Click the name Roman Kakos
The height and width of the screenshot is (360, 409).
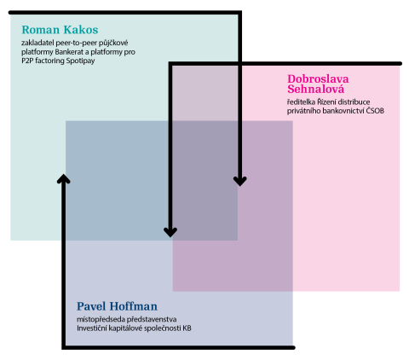(60, 30)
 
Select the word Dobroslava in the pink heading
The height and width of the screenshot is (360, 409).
(318, 78)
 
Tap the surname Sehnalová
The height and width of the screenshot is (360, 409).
(315, 89)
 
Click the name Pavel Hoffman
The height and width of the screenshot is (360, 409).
(117, 306)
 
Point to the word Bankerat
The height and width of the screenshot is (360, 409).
(67, 52)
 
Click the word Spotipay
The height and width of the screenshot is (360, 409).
(80, 61)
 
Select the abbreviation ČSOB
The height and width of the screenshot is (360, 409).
(375, 111)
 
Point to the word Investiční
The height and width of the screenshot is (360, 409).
(90, 328)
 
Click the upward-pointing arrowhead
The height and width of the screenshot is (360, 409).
(64, 178)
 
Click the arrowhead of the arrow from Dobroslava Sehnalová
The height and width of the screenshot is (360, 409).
(170, 232)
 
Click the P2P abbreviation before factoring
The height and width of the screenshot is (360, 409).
(27, 61)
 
